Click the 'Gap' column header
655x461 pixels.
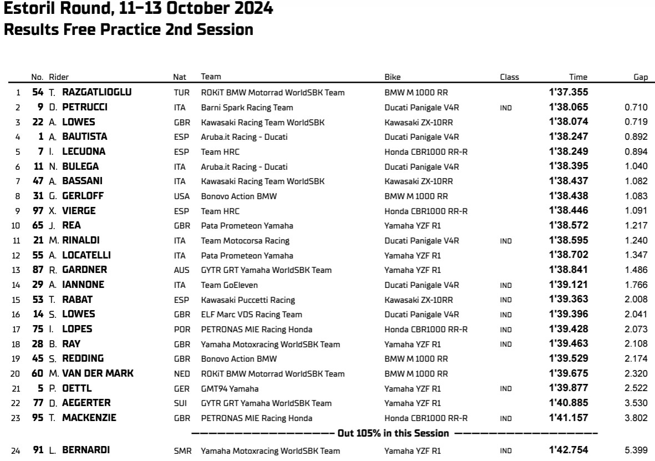click(x=641, y=77)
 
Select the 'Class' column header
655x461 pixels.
click(x=509, y=77)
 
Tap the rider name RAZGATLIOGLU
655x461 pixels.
click(x=97, y=92)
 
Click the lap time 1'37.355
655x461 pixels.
click(x=568, y=92)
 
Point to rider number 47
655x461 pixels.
click(x=38, y=181)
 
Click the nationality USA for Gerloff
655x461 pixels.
click(x=181, y=196)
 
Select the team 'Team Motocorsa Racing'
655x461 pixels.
click(x=245, y=240)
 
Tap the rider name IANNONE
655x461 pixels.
click(x=83, y=285)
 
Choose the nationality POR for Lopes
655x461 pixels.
click(x=181, y=329)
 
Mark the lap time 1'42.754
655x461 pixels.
click(x=568, y=450)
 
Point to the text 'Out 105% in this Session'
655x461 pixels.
click(x=394, y=433)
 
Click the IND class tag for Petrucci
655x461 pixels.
click(x=505, y=107)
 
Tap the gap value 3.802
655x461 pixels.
click(x=636, y=418)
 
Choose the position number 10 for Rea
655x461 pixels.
click(x=16, y=225)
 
